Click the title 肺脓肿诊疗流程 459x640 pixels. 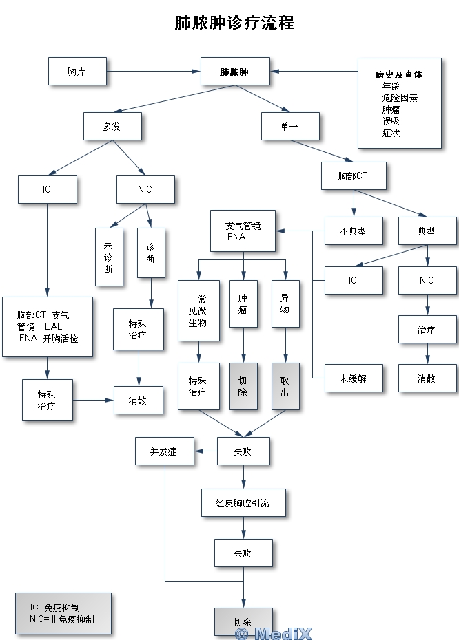click(x=234, y=23)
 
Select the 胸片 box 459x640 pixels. click(x=77, y=72)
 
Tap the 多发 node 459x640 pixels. click(x=112, y=126)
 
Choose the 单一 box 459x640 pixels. click(x=290, y=126)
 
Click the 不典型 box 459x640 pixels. click(x=353, y=231)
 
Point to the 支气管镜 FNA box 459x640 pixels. click(x=243, y=231)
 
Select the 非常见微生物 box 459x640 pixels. click(x=198, y=310)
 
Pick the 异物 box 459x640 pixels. click(x=285, y=304)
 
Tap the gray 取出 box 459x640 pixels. click(x=285, y=386)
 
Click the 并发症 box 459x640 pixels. click(x=164, y=451)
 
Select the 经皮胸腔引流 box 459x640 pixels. click(x=243, y=504)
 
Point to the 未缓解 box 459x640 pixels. click(x=353, y=378)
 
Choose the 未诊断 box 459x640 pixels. click(x=109, y=257)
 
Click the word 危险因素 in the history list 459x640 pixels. click(x=400, y=98)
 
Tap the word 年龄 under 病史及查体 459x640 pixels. click(x=391, y=86)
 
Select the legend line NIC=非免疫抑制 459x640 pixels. click(x=62, y=619)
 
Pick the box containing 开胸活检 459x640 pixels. click(x=47, y=327)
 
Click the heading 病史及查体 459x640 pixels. click(x=399, y=74)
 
